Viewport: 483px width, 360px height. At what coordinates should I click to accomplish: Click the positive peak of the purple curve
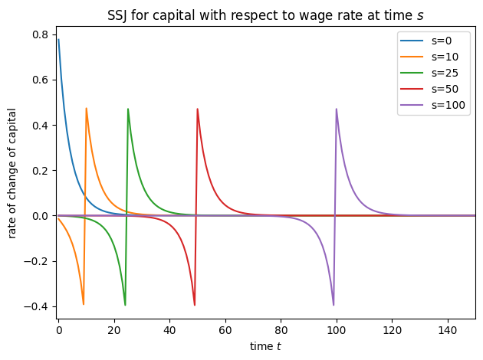click(x=337, y=109)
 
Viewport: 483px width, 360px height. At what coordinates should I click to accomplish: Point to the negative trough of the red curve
click(x=195, y=305)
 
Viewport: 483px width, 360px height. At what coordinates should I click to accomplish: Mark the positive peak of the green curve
click(x=128, y=109)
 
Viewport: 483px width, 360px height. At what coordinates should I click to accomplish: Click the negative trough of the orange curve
click(x=84, y=305)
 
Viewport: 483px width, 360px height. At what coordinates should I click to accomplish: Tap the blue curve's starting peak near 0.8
click(x=58, y=39)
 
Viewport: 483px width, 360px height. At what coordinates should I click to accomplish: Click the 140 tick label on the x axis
click(x=448, y=331)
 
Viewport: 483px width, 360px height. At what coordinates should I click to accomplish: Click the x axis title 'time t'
click(x=266, y=346)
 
